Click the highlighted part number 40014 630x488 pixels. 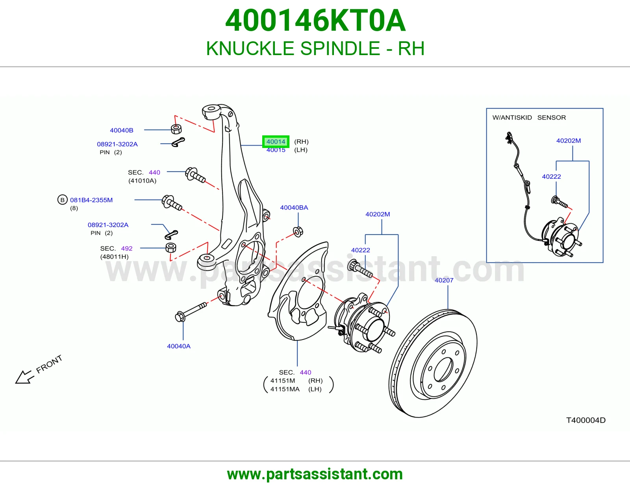[276, 142]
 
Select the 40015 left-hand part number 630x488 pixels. [276, 150]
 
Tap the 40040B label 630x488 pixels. [122, 130]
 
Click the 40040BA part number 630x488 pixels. [294, 207]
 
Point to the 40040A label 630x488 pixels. [179, 346]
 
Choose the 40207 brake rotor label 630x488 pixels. [444, 280]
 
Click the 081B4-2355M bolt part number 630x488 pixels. [91, 200]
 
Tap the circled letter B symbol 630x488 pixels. [62, 200]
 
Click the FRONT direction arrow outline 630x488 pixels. [23, 377]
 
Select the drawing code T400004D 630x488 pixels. [586, 420]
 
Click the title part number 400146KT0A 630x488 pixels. [315, 20]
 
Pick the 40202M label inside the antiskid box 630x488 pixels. [569, 140]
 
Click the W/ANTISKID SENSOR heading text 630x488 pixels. [529, 117]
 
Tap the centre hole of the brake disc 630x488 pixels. [443, 370]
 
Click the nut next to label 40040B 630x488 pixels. [176, 129]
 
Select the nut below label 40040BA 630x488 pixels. [298, 232]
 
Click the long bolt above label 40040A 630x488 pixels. [191, 312]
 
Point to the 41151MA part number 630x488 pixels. [285, 389]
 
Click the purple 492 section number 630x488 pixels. [127, 248]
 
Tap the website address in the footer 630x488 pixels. [315, 474]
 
